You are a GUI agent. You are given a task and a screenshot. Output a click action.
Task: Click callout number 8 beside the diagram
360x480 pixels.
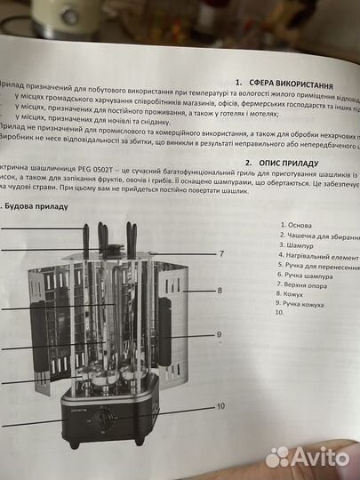[219, 291]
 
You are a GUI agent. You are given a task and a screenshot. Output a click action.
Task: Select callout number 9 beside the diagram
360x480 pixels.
[218, 334]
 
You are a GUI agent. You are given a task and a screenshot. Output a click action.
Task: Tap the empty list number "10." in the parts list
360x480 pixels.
[280, 312]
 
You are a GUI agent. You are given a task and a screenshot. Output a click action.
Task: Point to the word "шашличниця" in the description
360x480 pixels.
[46, 178]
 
